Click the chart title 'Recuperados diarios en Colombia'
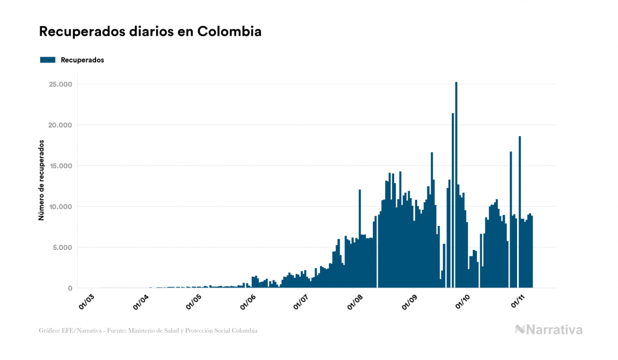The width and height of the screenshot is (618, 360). [150, 32]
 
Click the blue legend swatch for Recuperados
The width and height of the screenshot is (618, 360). [48, 60]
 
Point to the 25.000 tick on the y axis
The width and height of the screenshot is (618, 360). [60, 84]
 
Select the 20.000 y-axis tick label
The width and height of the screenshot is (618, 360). [60, 125]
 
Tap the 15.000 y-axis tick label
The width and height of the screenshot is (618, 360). [60, 166]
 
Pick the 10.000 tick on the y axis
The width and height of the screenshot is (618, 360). [60, 207]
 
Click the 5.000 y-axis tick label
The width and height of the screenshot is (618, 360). [62, 247]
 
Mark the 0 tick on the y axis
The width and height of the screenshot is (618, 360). [70, 288]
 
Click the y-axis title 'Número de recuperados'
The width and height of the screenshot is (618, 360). [41, 180]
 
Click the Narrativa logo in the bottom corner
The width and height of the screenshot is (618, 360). [549, 330]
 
